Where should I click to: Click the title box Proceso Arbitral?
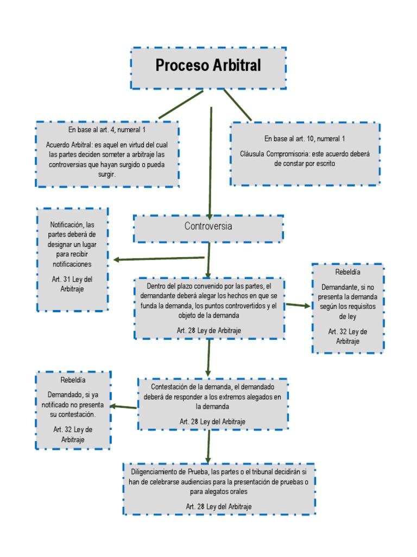point(208,67)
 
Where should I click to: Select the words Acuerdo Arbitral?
point(69,145)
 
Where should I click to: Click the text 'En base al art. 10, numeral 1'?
point(305,139)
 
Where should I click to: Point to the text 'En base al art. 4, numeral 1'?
point(107,130)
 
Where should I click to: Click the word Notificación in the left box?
point(66,224)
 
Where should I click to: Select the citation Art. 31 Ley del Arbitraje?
point(72,284)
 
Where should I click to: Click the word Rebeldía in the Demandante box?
point(347,271)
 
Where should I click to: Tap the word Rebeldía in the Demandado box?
point(73,380)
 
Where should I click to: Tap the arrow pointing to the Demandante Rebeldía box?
point(298,305)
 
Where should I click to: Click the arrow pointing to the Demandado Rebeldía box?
point(124,406)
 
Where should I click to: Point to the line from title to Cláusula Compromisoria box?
point(237,104)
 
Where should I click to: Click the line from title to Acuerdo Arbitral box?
point(181,104)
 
